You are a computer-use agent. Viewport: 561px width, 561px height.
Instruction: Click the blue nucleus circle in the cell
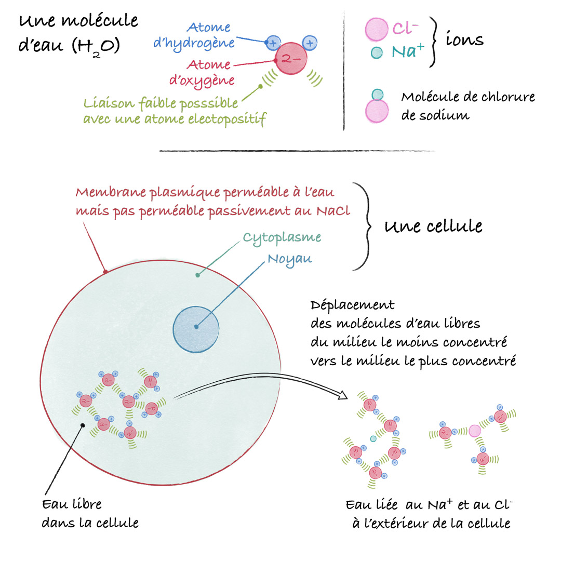[x=196, y=329]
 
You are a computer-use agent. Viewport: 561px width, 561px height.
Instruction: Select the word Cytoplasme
[x=282, y=238]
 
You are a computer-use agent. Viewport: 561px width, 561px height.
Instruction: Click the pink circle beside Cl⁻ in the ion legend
[x=377, y=29]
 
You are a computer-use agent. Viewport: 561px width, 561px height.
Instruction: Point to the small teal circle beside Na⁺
[x=377, y=52]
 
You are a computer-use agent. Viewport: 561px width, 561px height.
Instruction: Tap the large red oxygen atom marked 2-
[x=291, y=58]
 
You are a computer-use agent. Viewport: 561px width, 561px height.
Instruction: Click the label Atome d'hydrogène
[x=194, y=35]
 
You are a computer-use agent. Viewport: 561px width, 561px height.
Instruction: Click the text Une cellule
[x=433, y=226]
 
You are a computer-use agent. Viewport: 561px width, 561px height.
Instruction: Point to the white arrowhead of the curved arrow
[x=342, y=395]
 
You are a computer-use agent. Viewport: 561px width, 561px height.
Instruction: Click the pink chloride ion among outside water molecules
[x=475, y=431]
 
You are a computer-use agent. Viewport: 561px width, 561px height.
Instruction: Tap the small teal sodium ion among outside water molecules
[x=373, y=438]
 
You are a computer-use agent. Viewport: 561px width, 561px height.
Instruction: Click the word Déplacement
[x=352, y=305]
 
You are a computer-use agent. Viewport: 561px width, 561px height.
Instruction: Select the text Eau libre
[x=72, y=504]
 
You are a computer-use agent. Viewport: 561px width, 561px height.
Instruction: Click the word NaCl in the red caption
[x=333, y=211]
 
